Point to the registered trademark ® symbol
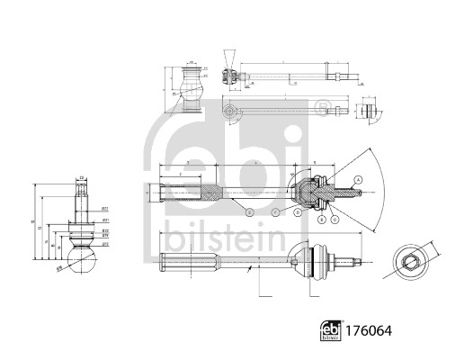(x=320, y=111)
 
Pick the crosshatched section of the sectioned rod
(x=212, y=193)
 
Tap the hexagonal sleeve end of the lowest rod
(x=189, y=264)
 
